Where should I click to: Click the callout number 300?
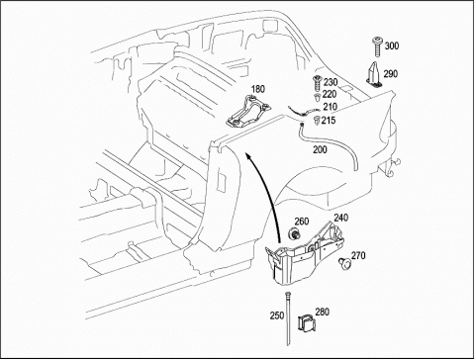pos(392,45)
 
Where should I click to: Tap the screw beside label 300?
pos(377,47)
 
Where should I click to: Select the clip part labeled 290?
pos(373,75)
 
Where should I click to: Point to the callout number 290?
pos(391,74)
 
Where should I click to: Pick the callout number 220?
pos(330,95)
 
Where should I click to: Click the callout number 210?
pos(331,107)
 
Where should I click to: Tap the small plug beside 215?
pos(317,121)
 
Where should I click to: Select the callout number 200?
pos(320,149)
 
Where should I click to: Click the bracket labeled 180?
pos(248,111)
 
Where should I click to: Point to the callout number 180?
pos(258,89)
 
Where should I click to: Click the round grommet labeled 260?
pos(293,233)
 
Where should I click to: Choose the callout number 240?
pos(341,218)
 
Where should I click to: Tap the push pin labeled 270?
pos(344,261)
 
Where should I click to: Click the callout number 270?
pos(358,255)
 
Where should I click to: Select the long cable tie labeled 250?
pos(288,318)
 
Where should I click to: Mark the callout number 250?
pos(277,315)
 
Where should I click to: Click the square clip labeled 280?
pos(307,322)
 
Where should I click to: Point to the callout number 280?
pos(323,312)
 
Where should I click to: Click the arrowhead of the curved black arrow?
pos(248,155)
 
